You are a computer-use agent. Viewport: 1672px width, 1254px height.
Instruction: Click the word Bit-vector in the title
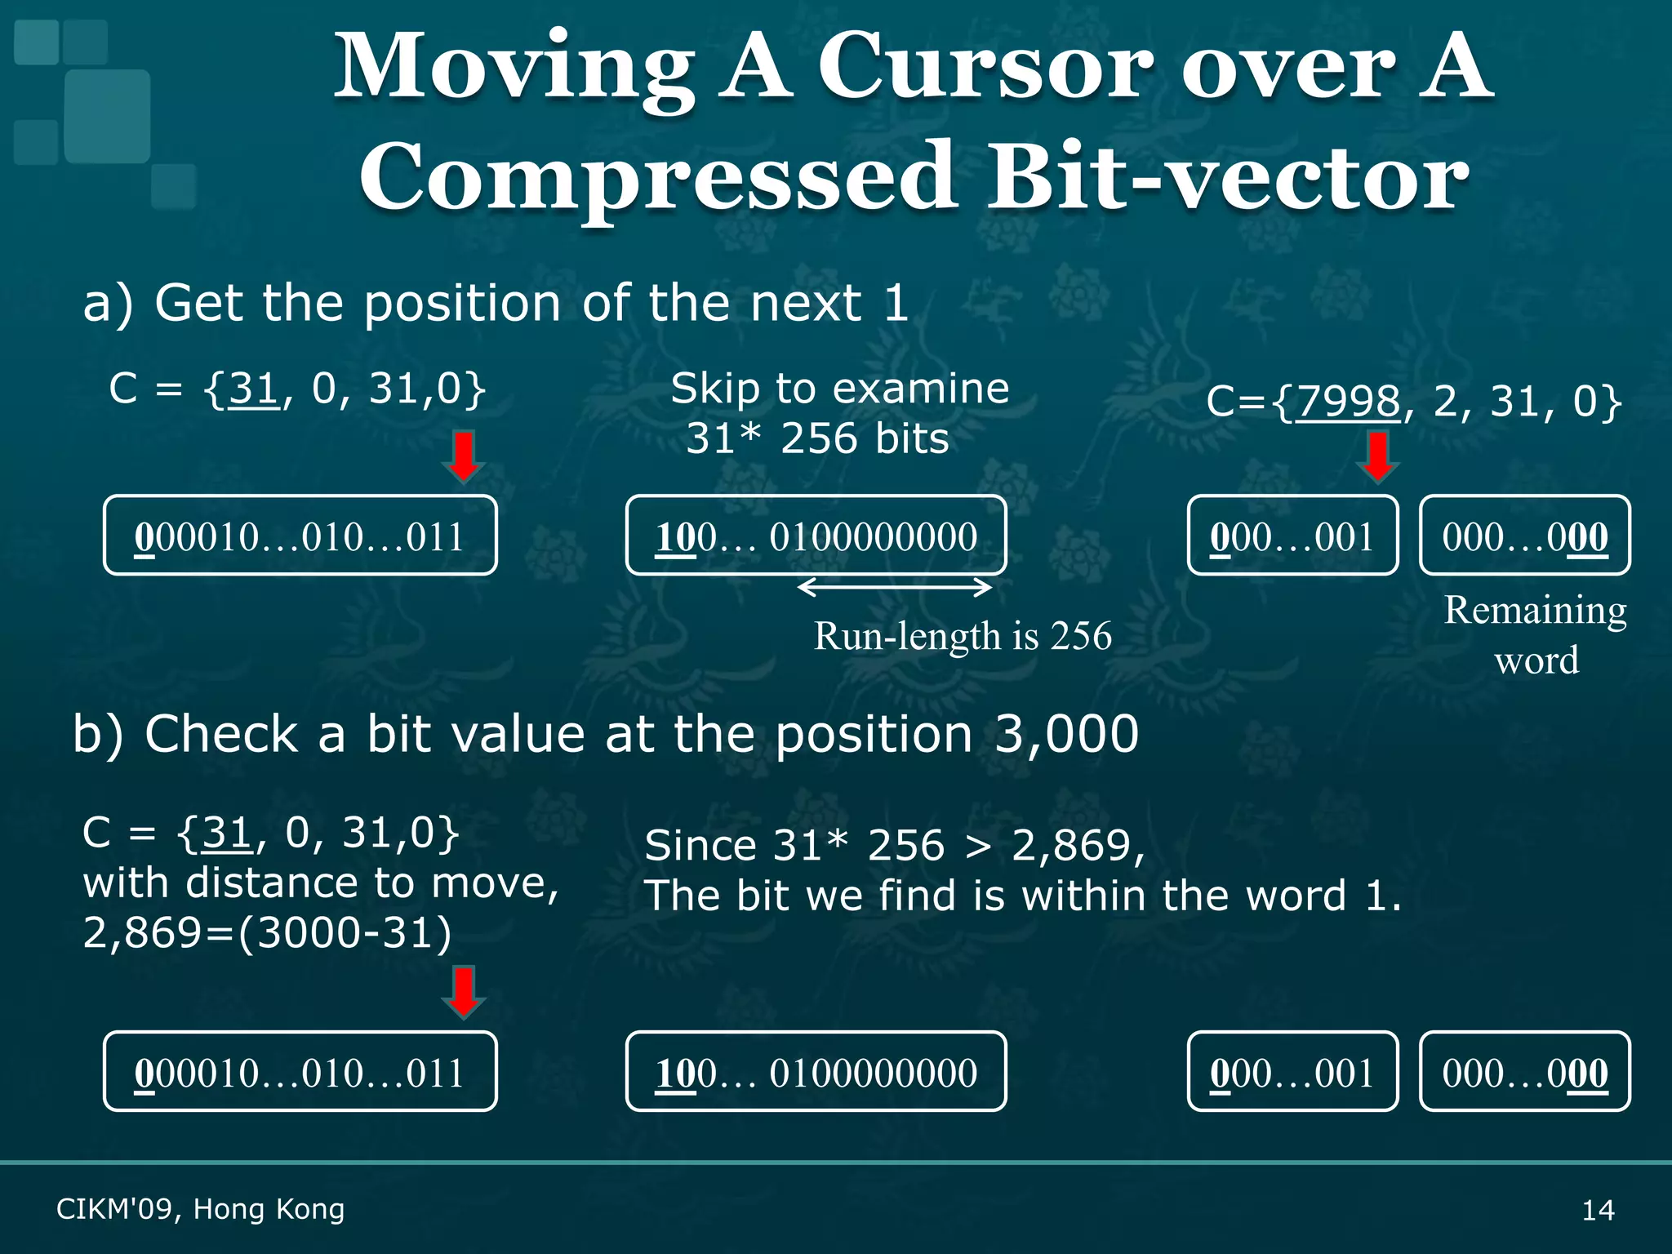[1229, 176]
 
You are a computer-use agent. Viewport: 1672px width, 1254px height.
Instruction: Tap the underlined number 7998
[1348, 401]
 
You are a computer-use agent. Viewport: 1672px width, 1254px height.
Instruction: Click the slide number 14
[1598, 1210]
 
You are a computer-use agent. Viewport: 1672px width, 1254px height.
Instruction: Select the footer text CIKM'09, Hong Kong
[201, 1209]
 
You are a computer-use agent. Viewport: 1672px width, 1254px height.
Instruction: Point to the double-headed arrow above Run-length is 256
[894, 586]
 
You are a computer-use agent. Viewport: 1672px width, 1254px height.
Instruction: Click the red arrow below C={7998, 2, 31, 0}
[1378, 458]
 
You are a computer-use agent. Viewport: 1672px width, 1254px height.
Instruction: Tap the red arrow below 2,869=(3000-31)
[464, 993]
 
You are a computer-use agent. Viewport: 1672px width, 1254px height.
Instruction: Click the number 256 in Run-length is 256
[1081, 636]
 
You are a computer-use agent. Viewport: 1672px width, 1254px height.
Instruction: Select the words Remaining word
[1536, 634]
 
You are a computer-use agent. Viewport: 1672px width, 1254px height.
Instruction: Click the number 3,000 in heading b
[1066, 734]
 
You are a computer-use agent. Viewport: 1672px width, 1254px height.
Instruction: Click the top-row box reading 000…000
[1525, 536]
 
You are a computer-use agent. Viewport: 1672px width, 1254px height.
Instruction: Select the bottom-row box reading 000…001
[1292, 1071]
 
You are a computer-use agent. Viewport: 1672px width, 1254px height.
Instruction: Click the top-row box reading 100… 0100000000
[816, 536]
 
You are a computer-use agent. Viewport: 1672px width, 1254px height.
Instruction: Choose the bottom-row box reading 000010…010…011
[300, 1071]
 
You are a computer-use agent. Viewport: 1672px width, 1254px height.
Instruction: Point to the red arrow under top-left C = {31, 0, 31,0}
[464, 458]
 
